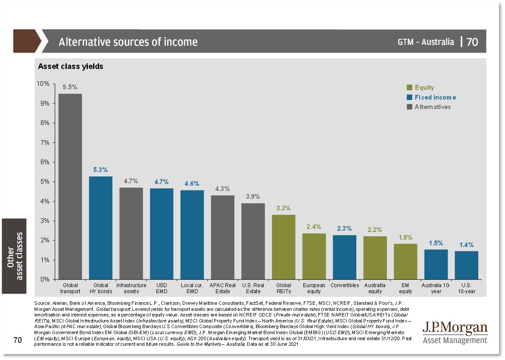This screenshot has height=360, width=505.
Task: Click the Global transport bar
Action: coord(70,186)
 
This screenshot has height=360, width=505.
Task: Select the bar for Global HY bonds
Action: coord(101,228)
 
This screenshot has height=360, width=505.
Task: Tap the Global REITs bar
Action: coord(284,247)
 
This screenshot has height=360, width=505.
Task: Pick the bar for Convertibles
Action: coord(344,257)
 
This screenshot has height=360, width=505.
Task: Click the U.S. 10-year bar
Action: coord(467,265)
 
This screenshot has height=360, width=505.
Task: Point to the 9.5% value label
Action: coord(70,87)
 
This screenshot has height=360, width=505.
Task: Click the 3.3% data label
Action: coord(284,208)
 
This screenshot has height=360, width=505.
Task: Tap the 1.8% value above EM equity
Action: coord(405,237)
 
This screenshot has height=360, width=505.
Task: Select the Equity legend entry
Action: coord(424,88)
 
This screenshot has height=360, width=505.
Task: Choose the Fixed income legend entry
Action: coord(435,97)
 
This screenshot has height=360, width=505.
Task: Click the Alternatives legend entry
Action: coord(432,107)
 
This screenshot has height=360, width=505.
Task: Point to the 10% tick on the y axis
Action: coord(44,84)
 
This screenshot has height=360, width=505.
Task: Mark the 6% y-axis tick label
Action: coord(46,162)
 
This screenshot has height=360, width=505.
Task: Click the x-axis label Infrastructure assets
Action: coord(131,288)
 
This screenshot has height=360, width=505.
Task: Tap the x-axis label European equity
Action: coord(314,288)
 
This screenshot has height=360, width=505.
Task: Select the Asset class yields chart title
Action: coord(70,66)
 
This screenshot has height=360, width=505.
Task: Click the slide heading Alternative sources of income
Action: coord(128,42)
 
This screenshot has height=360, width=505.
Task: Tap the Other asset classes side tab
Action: coord(14,256)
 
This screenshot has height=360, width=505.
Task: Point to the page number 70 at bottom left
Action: coord(17,341)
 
